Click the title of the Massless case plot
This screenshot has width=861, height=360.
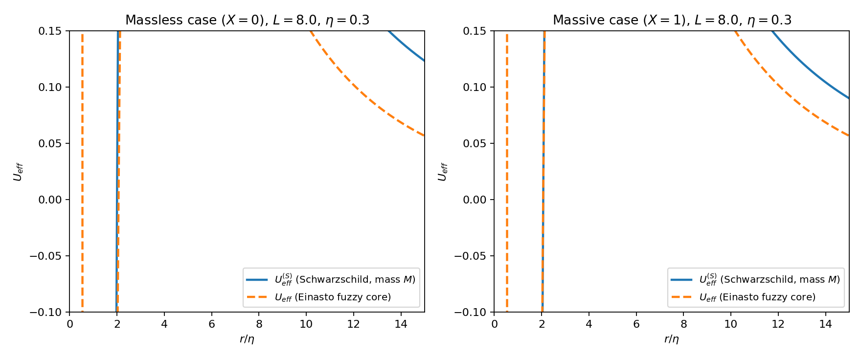247,20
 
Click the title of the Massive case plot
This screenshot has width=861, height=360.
672,20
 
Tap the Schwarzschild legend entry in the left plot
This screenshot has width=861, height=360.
331,280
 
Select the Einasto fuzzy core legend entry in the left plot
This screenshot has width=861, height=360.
318,297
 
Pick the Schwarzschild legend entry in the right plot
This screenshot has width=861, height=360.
755,280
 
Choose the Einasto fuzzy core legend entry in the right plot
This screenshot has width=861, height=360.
743,297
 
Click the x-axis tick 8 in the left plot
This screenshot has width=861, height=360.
259,324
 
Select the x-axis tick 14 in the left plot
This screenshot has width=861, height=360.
401,324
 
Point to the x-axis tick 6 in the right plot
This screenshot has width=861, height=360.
636,324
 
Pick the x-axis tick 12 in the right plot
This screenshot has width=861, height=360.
778,324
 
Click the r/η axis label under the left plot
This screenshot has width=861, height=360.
247,339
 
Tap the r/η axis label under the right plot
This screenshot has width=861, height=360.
672,339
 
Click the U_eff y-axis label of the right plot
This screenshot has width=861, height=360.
443,172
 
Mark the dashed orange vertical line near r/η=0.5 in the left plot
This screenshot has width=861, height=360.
82,171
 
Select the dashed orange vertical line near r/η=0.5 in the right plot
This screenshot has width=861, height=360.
507,171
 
